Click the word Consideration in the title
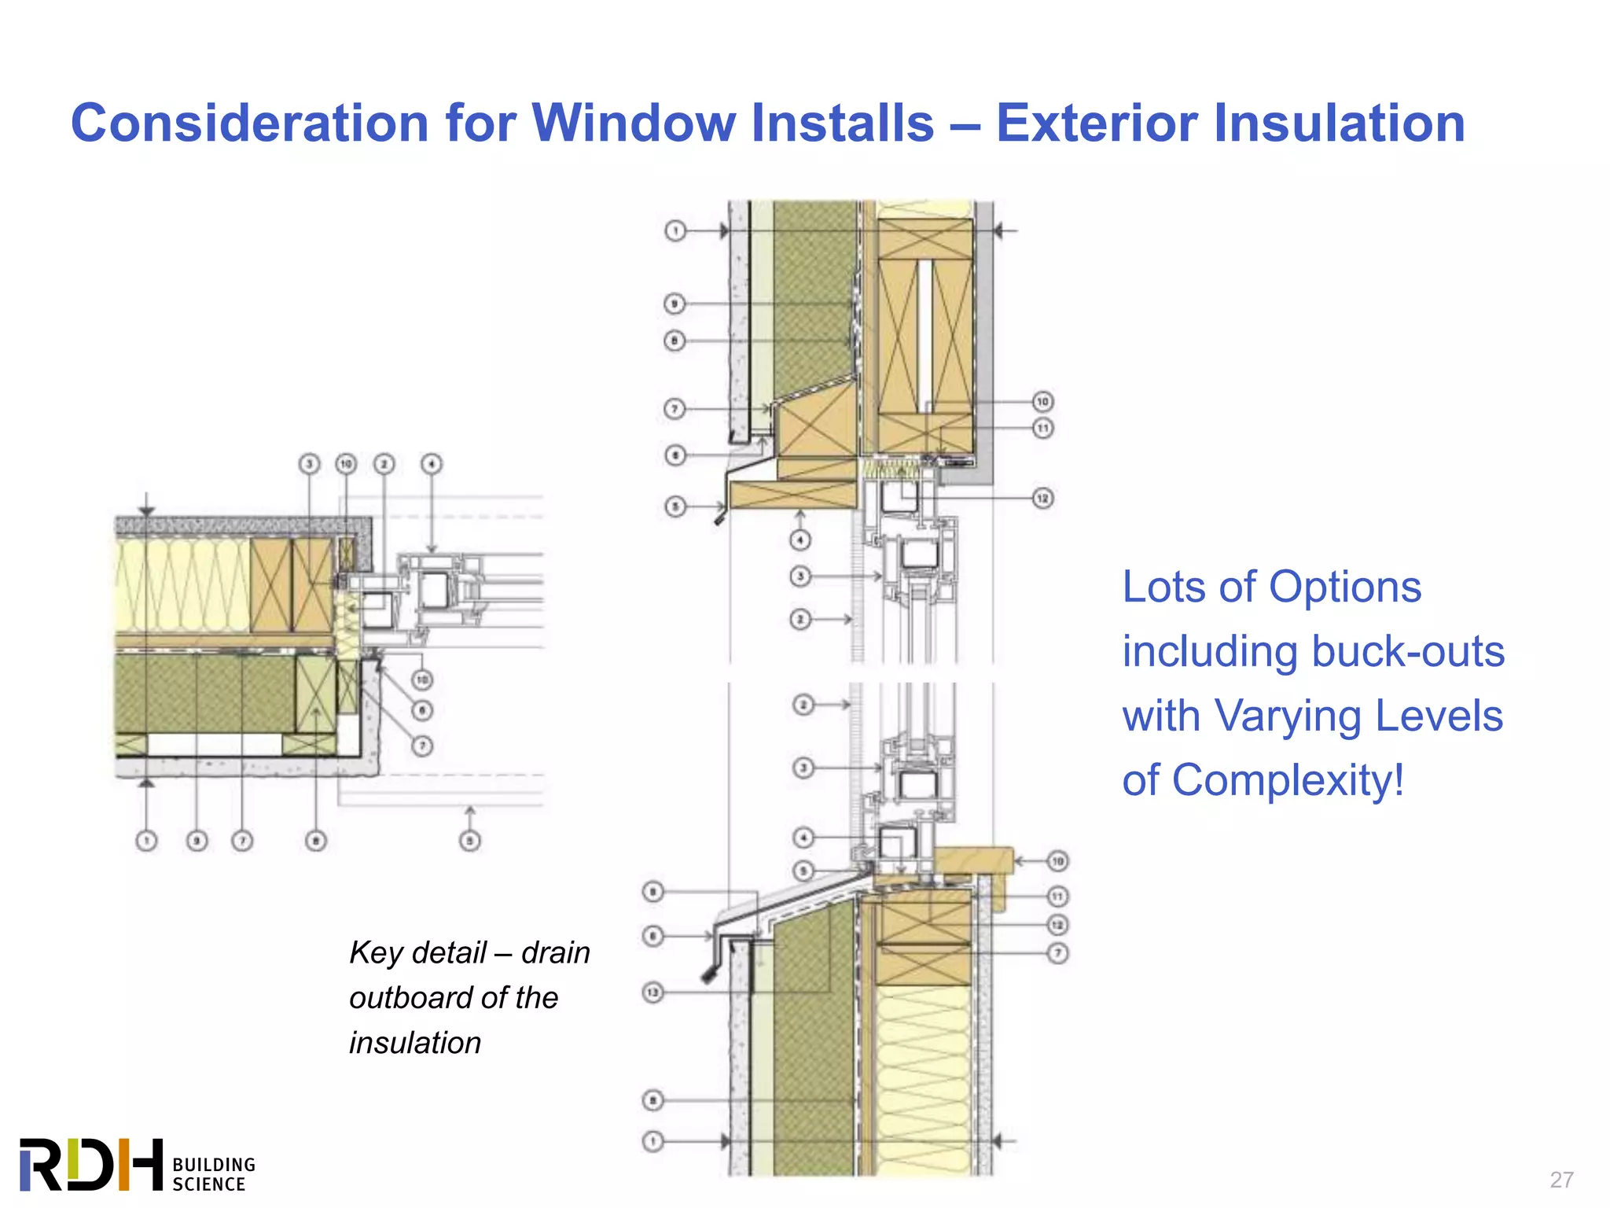(x=249, y=123)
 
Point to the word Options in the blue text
(x=1345, y=587)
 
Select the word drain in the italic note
(x=555, y=952)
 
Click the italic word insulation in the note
(x=415, y=1044)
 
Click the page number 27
(x=1561, y=1180)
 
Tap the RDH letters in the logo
(x=91, y=1164)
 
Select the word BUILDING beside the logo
(x=214, y=1165)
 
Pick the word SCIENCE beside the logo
(x=209, y=1184)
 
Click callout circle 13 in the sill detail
(x=653, y=993)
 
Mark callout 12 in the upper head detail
(x=1042, y=499)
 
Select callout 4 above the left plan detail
(x=432, y=464)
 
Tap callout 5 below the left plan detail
(x=469, y=841)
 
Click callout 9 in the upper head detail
(x=675, y=304)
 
